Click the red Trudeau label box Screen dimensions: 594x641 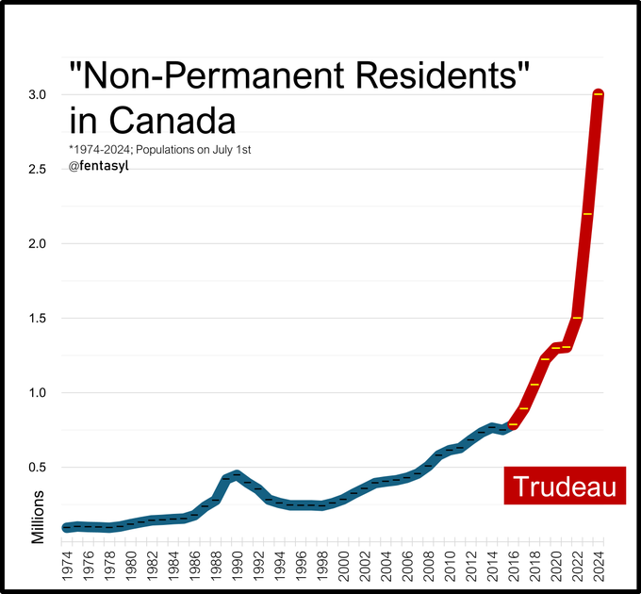pyautogui.click(x=565, y=486)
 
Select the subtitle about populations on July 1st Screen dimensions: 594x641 pyautogui.click(x=160, y=149)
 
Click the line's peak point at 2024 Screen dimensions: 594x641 pyautogui.click(x=599, y=94)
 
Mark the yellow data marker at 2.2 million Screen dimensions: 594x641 pyautogui.click(x=588, y=214)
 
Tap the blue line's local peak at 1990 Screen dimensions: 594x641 pyautogui.click(x=237, y=474)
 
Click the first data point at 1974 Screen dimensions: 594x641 pyautogui.click(x=66, y=527)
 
